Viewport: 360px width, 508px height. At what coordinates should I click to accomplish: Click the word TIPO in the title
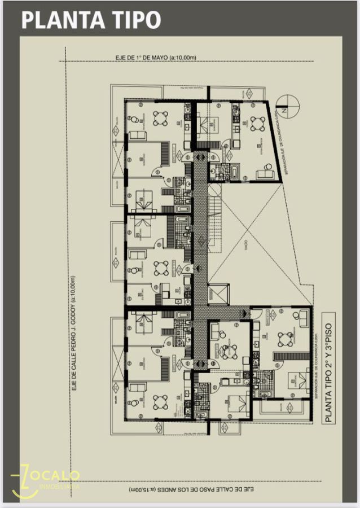(132, 20)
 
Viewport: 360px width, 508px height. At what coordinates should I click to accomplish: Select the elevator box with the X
(218, 295)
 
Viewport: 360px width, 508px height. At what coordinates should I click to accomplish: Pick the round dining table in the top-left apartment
(160, 117)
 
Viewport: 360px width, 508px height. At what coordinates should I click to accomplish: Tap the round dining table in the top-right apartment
(257, 124)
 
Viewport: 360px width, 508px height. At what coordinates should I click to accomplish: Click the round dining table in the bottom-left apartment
(160, 402)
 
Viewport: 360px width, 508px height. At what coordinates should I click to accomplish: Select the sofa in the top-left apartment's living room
(137, 135)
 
